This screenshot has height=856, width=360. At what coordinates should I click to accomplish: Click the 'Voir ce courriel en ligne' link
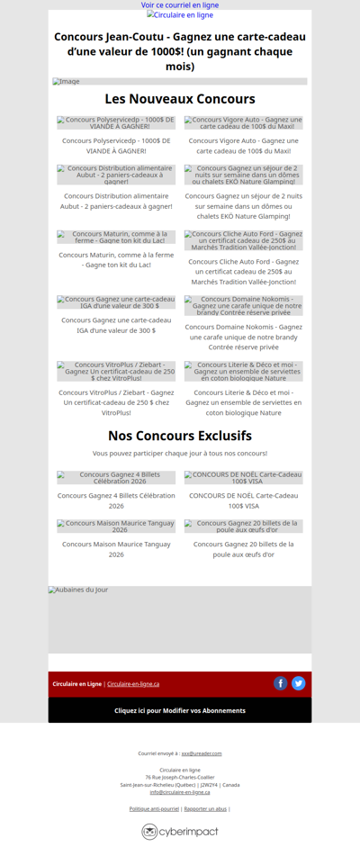point(180,5)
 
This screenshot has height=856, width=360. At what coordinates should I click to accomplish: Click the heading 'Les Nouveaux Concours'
point(180,99)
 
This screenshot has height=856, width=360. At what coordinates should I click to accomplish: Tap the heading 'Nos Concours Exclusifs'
point(180,436)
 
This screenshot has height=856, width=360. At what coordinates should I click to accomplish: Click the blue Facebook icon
point(281,683)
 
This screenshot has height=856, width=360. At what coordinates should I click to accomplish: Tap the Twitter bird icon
point(299,683)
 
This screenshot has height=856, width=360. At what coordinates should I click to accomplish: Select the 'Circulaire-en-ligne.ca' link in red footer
point(133,684)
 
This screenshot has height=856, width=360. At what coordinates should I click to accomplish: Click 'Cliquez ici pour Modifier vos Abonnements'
point(180,710)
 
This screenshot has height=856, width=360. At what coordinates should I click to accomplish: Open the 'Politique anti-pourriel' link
point(154,809)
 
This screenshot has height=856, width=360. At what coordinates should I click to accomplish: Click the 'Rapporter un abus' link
point(205,809)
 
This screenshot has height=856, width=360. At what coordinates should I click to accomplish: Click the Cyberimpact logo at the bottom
point(180,832)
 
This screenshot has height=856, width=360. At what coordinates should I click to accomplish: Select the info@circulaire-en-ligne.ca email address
point(180,792)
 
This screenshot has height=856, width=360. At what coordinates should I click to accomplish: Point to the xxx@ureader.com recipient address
point(202,753)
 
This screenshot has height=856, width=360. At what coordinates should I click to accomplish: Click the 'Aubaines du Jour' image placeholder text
point(78,590)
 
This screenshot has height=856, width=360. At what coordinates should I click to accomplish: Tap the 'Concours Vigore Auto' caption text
point(243,146)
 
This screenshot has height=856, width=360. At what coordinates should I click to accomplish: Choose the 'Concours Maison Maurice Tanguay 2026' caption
point(116,549)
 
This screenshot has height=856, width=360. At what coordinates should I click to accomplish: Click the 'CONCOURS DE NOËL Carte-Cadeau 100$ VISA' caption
point(243,500)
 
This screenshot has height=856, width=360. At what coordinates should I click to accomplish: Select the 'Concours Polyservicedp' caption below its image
point(116,146)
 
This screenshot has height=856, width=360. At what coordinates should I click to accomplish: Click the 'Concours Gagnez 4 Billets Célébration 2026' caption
point(116,500)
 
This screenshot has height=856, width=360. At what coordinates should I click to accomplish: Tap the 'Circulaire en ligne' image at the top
point(180,15)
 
